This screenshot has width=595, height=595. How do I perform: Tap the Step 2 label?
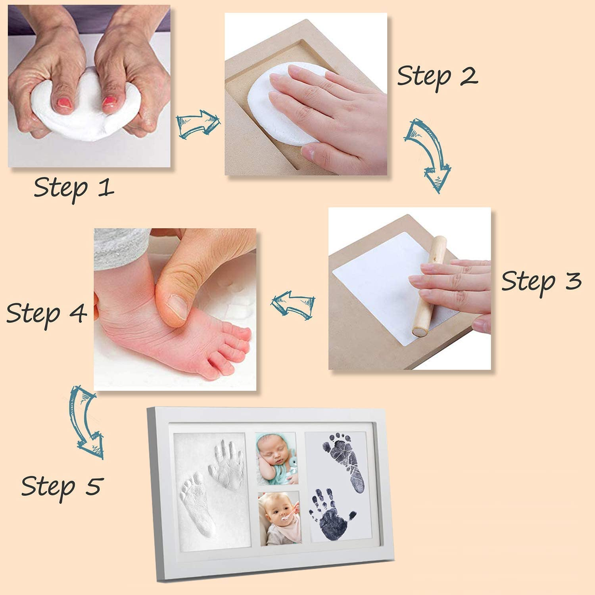pos(437,76)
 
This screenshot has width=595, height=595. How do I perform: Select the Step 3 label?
pos(541,282)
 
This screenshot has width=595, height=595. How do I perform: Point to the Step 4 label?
pos(46,313)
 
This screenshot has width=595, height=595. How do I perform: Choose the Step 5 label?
pos(62,486)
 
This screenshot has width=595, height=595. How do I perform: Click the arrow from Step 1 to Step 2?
pos(198,125)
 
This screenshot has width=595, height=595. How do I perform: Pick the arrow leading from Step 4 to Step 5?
pos(86,421)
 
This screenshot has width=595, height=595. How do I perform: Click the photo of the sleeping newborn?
pos(276,458)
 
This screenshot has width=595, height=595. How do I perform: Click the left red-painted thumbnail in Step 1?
pos(64,104)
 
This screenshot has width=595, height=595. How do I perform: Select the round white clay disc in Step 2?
pos(278,105)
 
